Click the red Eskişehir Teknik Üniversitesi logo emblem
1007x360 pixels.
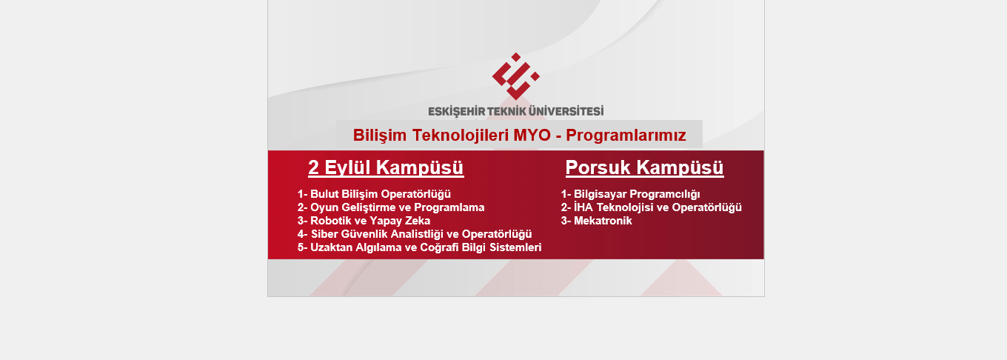pos(515,76)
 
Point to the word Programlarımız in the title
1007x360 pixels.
pos(626,136)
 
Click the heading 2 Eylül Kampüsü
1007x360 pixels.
pos(386,167)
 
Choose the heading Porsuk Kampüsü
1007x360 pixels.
pos(645,167)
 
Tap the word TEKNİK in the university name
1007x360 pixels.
pos(506,111)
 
